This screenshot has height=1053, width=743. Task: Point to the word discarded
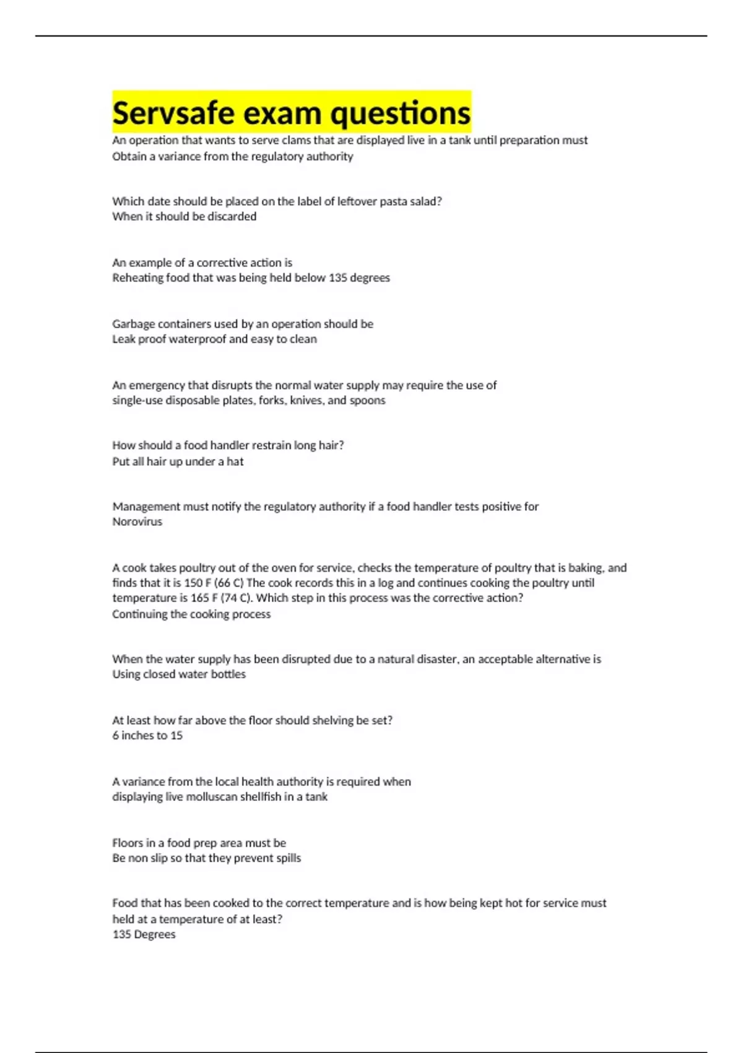tap(232, 217)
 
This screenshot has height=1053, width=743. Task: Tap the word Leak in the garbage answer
tap(123, 339)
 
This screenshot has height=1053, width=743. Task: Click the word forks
tap(271, 401)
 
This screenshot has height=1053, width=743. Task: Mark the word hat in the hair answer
tap(235, 461)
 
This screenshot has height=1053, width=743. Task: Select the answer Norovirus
tap(137, 522)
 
